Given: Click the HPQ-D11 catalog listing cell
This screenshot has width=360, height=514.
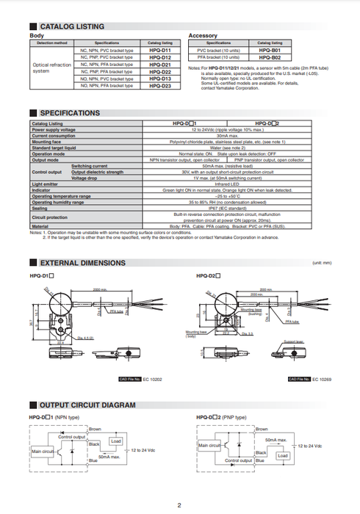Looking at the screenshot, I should [160, 50].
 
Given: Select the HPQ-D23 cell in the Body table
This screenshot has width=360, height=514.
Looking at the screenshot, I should [160, 86].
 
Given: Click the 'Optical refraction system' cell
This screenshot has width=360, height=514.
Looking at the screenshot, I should [52, 68].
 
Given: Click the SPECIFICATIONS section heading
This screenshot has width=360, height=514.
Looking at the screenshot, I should [69, 113].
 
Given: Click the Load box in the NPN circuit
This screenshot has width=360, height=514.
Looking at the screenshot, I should [115, 441].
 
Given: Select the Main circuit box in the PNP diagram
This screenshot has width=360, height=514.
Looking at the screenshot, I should [212, 446].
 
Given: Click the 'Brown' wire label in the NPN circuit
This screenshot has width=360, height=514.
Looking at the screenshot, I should [95, 429].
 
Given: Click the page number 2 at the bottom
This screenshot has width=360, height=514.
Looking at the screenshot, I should [179, 505].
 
